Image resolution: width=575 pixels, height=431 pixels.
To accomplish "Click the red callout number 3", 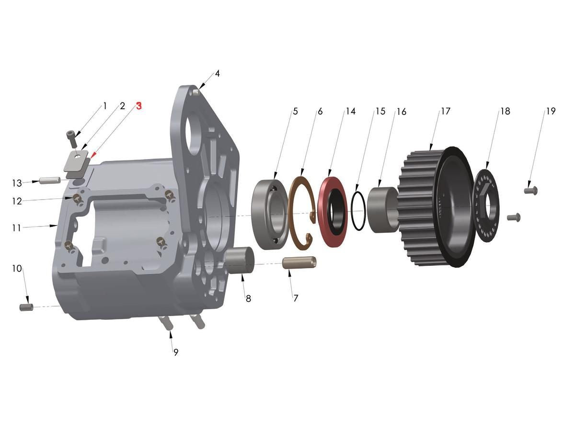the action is [139, 106].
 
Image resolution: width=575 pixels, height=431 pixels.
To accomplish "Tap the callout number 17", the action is [446, 111].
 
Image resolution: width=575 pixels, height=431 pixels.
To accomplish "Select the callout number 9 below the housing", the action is [176, 352].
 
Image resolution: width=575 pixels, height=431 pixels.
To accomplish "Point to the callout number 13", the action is [17, 183].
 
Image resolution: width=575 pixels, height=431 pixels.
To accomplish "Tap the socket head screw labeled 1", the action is [71, 138].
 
